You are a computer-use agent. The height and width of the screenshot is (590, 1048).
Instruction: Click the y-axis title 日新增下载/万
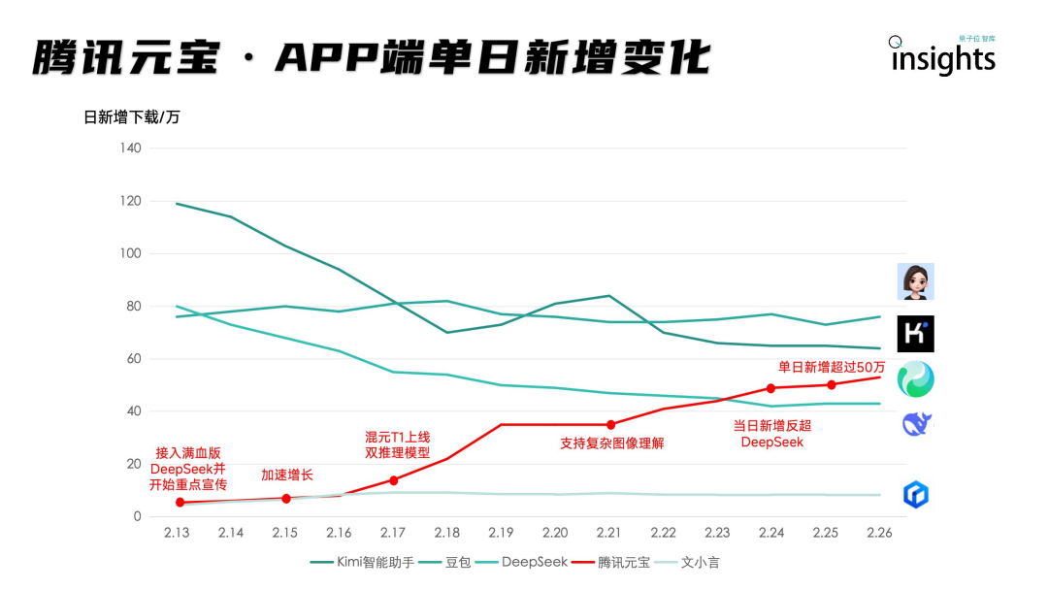132,117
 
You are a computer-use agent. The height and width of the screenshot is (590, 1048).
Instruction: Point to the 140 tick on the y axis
130,148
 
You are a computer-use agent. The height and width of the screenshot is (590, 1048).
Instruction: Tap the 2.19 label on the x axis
501,533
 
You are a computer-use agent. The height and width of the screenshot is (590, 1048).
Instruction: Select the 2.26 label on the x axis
879,533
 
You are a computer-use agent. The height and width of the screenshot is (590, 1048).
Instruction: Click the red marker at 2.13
180,502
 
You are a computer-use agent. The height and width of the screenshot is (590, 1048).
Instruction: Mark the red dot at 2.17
394,480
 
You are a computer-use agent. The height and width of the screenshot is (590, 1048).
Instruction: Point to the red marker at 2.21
610,424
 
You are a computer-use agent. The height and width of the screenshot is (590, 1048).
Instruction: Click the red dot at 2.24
771,388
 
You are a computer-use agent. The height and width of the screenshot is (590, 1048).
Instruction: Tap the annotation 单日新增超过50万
832,367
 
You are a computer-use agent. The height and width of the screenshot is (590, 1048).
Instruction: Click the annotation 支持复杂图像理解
611,443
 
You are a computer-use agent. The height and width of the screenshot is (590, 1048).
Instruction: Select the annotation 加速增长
287,475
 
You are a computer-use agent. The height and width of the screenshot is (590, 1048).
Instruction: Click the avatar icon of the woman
915,281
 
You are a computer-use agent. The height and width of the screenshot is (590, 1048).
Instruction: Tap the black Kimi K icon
915,333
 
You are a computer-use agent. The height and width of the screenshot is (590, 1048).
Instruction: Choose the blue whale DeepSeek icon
916,424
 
